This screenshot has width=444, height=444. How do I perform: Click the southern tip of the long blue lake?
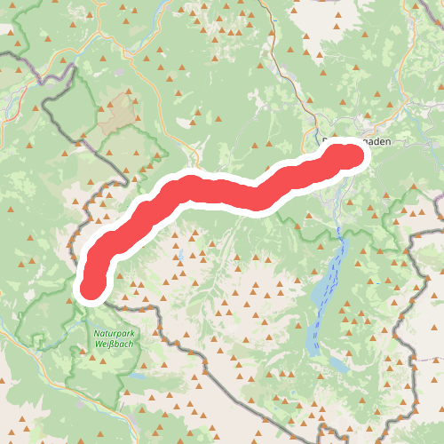pos(313,351)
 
